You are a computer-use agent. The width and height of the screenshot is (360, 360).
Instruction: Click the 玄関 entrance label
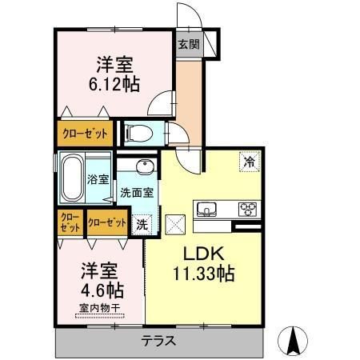tap(188, 44)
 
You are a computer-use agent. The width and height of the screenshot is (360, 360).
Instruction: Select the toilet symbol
tap(139, 133)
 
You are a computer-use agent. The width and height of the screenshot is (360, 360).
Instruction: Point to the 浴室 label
tap(98, 180)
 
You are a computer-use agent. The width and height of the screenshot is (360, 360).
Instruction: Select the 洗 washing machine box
tap(141, 224)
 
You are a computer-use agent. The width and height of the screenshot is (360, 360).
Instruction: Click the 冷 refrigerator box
tap(250, 161)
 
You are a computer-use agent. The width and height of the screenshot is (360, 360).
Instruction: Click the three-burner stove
tap(246, 210)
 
